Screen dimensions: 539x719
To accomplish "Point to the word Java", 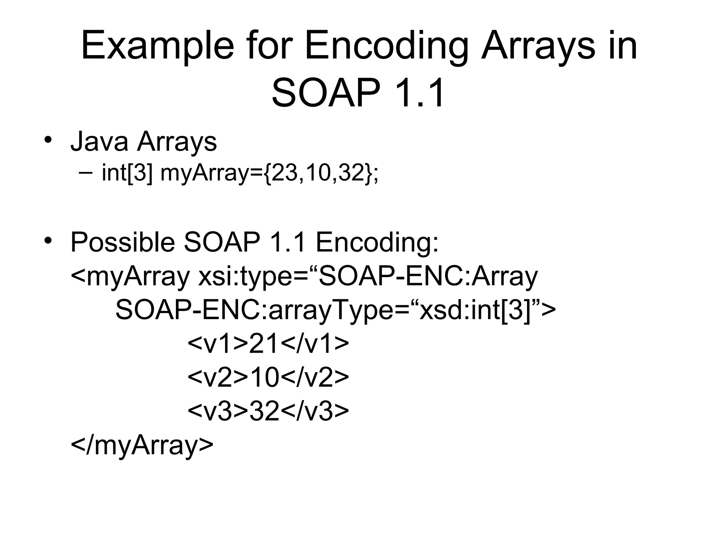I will point(99,141).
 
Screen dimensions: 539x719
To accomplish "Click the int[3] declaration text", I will point(127,173).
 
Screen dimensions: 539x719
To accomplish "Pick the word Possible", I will point(123,242).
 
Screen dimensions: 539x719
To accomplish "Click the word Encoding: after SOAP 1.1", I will point(377,242).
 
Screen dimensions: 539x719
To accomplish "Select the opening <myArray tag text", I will point(130,277).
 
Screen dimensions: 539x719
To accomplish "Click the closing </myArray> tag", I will point(142,445).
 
